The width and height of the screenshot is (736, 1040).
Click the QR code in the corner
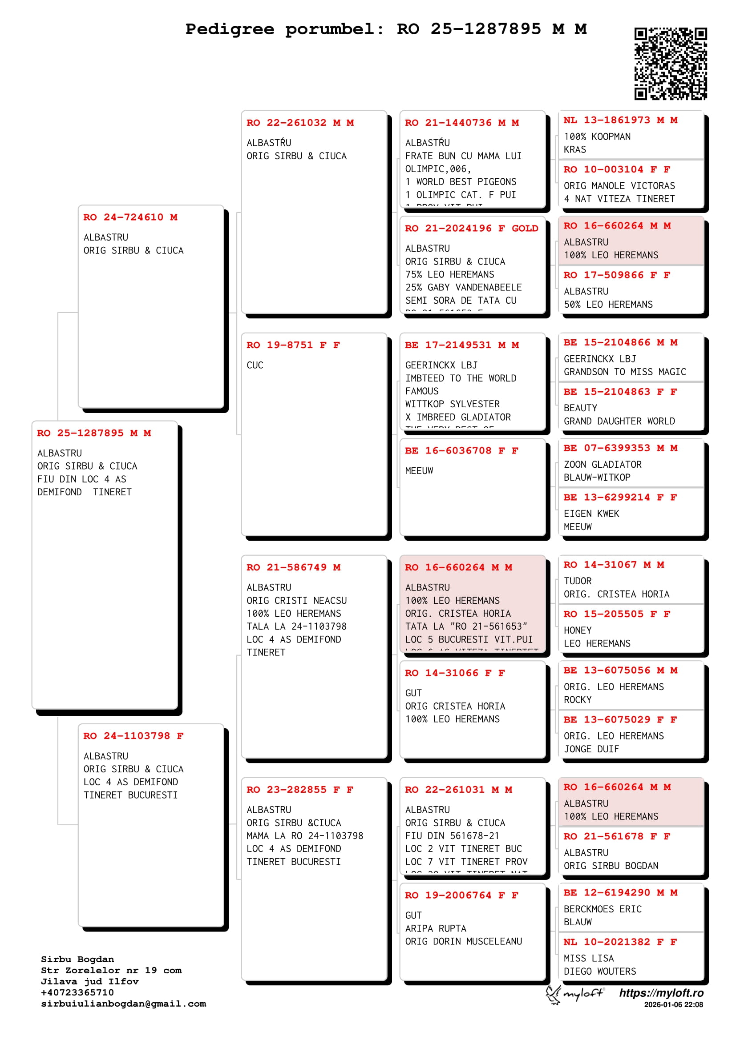coord(670,64)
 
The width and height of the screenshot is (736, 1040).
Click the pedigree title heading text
coord(386,29)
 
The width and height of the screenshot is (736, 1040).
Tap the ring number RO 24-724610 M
coord(130,217)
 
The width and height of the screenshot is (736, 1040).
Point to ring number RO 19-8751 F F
coord(293,345)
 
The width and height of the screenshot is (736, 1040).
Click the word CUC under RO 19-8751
coord(255,365)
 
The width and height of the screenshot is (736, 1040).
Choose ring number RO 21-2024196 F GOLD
coord(471,229)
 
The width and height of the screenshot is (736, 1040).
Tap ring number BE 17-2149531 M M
coord(461,345)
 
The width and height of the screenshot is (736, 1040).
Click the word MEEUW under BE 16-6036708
coord(419,471)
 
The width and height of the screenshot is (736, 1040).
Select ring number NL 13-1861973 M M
coord(620,120)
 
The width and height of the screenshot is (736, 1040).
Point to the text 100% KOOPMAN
coord(597,137)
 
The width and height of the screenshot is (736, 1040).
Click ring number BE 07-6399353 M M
coord(620,449)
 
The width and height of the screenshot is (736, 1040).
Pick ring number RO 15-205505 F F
coord(616,614)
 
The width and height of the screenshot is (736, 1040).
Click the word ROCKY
coord(578,700)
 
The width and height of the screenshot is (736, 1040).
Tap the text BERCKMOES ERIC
coord(603,909)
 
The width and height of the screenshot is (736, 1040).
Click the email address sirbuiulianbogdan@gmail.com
coord(123,1004)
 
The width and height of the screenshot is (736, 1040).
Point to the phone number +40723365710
coord(77,992)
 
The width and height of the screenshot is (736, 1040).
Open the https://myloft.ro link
coord(661,993)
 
